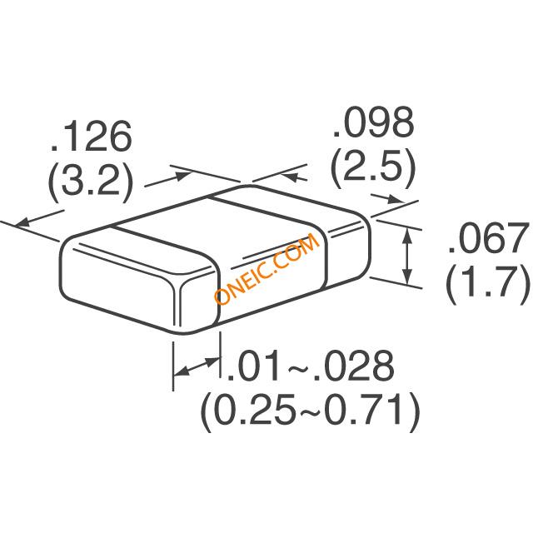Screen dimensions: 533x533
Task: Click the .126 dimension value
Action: point(91,137)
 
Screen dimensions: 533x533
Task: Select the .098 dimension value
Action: point(373,122)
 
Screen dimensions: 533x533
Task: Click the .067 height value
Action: point(489,238)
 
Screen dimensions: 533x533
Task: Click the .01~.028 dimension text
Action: point(310,366)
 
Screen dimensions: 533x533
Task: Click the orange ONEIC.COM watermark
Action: point(266,268)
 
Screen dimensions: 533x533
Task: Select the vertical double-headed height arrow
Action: point(407,257)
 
